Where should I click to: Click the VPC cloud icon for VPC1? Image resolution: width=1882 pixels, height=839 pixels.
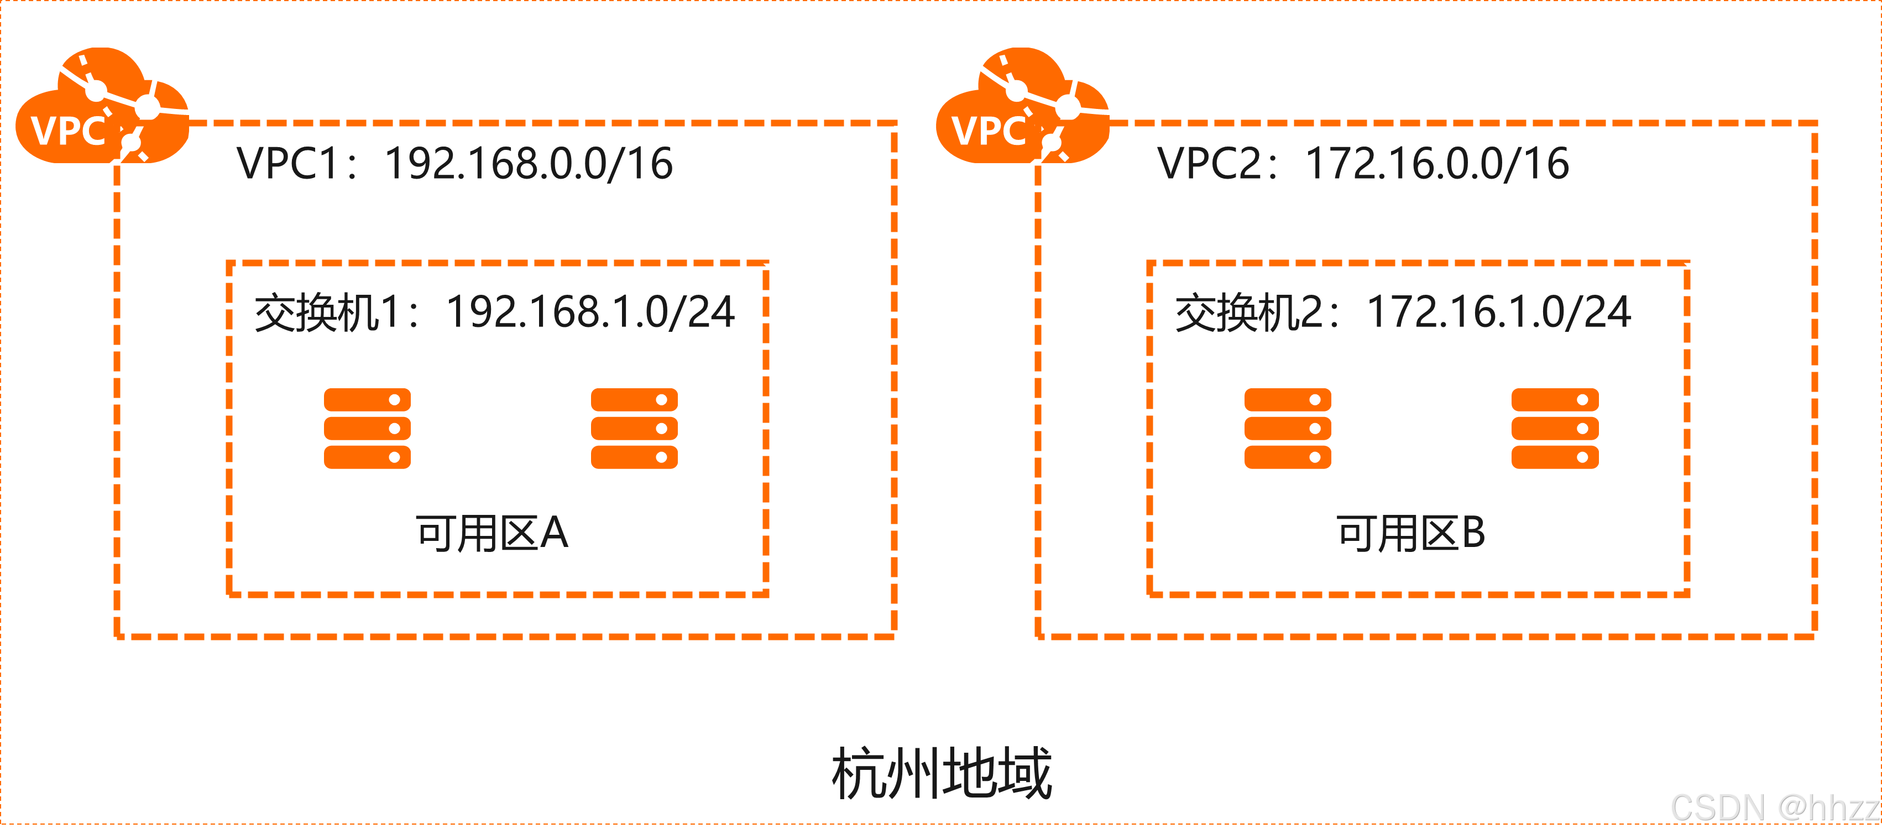(x=102, y=106)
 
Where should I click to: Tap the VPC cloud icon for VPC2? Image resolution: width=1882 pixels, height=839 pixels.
(x=1023, y=106)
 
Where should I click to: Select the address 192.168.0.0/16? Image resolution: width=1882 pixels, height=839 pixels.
(x=528, y=163)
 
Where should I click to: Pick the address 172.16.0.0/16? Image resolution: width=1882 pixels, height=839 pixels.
(x=1437, y=163)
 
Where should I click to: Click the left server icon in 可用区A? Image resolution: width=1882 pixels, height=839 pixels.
(x=368, y=428)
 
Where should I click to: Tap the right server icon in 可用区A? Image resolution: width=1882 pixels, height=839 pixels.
(x=634, y=428)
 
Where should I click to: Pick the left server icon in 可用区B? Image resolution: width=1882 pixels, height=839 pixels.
(x=1288, y=428)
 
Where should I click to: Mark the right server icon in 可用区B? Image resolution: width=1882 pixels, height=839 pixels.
(x=1555, y=428)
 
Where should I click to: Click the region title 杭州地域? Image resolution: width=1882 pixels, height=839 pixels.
(x=942, y=773)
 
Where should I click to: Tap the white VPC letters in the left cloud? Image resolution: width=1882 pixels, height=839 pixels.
(x=68, y=132)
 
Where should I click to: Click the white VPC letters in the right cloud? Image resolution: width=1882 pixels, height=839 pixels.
(x=989, y=132)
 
